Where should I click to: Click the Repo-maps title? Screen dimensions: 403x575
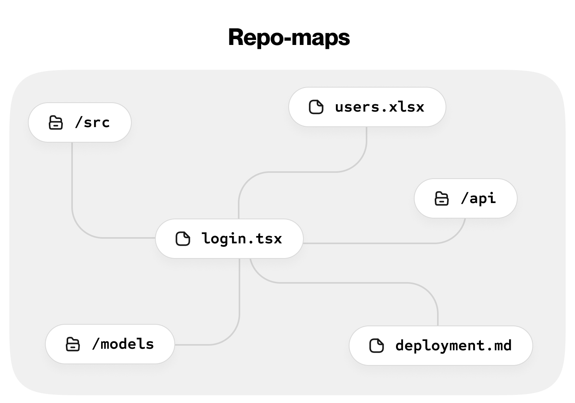(289, 38)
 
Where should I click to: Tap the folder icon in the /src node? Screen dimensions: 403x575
(56, 122)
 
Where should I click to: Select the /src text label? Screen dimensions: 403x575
(92, 122)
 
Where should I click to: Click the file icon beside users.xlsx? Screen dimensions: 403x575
(316, 107)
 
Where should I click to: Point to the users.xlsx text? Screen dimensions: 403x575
(379, 107)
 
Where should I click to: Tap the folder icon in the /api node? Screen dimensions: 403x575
(442, 198)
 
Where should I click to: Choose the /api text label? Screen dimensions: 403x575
(478, 198)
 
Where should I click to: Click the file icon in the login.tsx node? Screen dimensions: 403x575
(183, 239)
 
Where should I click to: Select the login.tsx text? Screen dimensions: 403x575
(242, 239)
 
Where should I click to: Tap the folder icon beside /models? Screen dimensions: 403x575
(73, 344)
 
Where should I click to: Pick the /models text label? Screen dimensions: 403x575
(123, 344)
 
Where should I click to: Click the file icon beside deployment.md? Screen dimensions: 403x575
(377, 346)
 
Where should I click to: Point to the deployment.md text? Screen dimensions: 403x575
(453, 346)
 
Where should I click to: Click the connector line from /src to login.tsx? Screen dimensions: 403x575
(72, 186)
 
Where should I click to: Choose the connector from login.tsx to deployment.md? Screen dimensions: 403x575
(349, 283)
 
